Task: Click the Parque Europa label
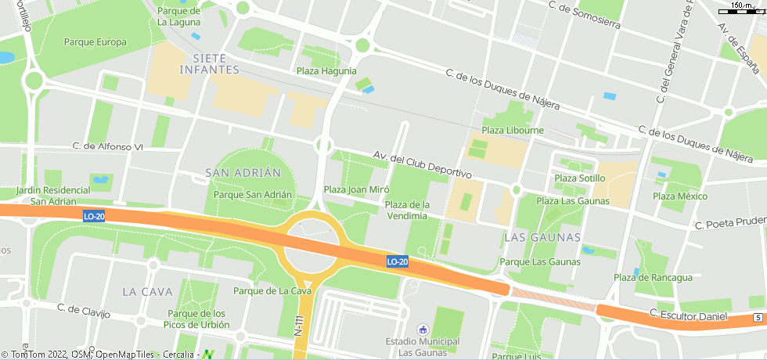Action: pos(95,42)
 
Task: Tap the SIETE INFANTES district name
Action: pos(209,63)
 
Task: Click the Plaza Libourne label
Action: pos(513,130)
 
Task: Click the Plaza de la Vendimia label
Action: pos(407,210)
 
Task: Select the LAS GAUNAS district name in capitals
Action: pos(543,236)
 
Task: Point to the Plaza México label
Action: pos(680,196)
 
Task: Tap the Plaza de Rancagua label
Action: pos(653,277)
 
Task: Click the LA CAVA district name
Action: pos(147,291)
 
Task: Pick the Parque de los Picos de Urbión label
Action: pos(197,319)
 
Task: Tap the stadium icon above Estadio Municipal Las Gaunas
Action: pos(423,329)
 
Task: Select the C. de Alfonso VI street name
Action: pos(108,146)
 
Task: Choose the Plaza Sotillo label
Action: pos(579,178)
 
